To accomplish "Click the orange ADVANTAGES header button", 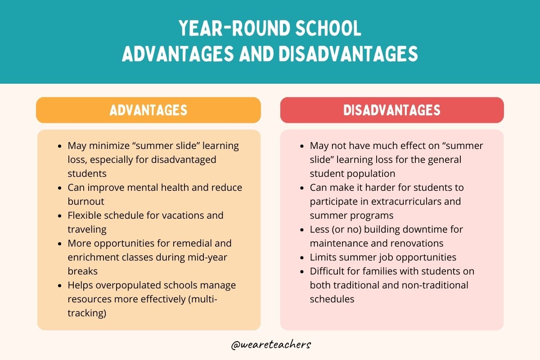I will (x=148, y=110).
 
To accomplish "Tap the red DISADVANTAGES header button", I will (x=392, y=110).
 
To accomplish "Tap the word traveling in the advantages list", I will (x=87, y=229).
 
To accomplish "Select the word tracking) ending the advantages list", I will (x=87, y=313).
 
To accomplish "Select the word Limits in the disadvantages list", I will (x=322, y=257).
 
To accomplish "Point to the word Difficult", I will (x=328, y=271).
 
